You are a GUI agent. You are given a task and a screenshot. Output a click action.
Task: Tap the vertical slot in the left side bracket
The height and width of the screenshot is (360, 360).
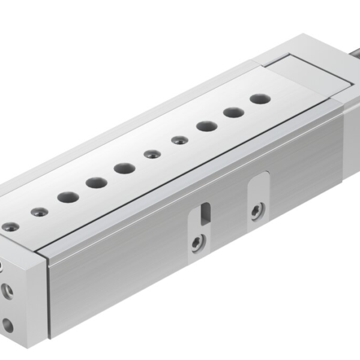205,212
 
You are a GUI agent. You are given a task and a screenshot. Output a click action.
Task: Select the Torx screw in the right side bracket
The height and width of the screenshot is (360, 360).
256,211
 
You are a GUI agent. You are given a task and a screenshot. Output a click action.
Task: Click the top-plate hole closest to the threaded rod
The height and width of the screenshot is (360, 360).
259,98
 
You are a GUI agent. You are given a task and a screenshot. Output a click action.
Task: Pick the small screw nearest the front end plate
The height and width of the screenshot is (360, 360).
10,227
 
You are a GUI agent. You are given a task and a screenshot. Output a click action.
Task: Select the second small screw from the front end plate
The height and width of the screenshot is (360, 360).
39,211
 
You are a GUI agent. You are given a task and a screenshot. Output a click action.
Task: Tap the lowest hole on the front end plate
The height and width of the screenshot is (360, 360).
8,326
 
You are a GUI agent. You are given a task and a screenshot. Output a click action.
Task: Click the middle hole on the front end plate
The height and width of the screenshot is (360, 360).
7,292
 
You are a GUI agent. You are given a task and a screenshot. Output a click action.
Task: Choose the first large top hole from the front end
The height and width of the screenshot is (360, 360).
68,196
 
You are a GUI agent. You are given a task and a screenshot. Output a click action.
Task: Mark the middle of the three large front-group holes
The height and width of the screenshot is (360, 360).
96,182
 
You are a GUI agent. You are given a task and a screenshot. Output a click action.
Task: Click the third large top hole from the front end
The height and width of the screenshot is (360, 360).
124,168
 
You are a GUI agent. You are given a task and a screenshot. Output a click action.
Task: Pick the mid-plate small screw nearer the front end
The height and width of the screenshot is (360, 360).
152,154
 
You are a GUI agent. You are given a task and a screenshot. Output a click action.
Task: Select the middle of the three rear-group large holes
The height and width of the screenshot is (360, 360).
233,112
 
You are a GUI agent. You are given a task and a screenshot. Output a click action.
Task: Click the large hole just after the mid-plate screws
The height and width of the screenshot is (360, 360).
206,126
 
